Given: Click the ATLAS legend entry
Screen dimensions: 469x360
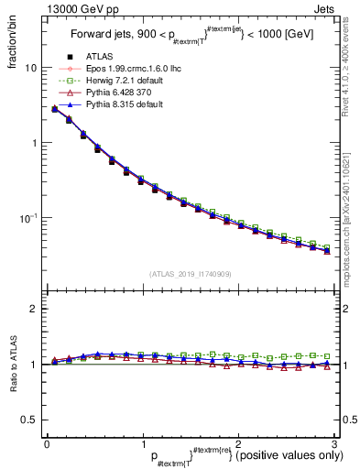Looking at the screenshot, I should [99, 56].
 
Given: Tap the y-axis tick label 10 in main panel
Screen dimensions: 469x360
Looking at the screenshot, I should [32, 68].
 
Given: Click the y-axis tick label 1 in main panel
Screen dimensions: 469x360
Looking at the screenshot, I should [35, 143].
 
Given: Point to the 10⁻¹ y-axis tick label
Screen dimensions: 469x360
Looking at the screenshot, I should [30, 218].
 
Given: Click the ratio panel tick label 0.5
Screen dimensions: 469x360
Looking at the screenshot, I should [30, 420].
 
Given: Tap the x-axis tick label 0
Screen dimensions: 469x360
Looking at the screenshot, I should [47, 444].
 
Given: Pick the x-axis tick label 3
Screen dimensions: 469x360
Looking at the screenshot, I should [333, 444].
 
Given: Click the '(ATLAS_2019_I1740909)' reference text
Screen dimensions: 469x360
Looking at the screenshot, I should [190, 274].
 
